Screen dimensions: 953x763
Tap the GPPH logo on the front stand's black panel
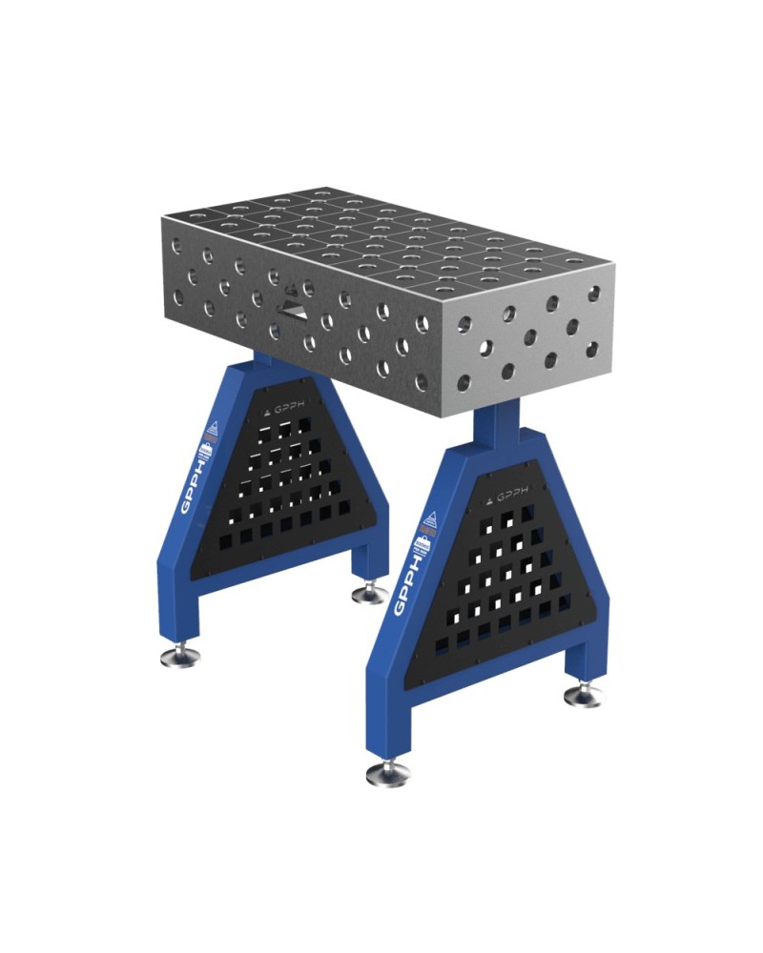[511, 497]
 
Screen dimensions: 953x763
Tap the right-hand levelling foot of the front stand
[583, 695]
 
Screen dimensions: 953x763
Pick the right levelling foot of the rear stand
[370, 595]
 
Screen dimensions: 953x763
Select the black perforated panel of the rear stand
[286, 486]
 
